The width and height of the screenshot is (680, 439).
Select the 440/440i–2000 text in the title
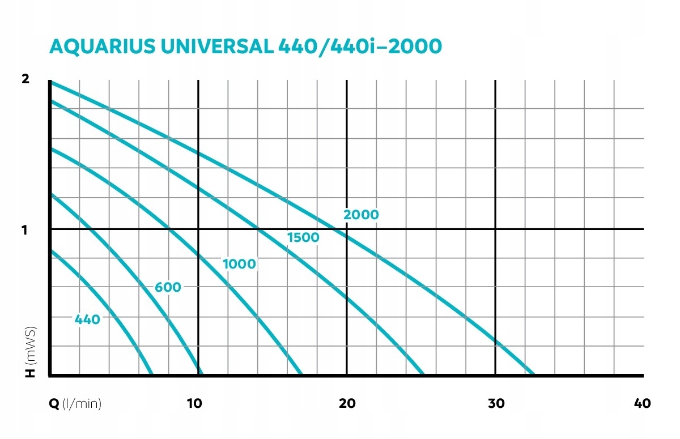(359, 47)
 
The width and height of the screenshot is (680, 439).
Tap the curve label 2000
(361, 215)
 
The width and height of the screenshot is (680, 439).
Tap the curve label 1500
(303, 238)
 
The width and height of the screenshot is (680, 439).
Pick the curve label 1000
(239, 264)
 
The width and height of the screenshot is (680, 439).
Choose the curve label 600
(168, 288)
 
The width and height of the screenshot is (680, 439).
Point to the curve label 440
(87, 319)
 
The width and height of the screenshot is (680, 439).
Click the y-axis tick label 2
(24, 79)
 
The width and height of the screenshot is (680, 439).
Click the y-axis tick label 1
(24, 230)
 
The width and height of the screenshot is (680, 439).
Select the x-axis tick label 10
(194, 403)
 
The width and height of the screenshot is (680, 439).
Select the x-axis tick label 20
(347, 403)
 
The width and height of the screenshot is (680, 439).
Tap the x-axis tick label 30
(496, 403)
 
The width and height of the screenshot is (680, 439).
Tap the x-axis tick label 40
(642, 403)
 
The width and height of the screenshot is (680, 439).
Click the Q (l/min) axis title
(76, 403)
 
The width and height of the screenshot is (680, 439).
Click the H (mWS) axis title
(31, 351)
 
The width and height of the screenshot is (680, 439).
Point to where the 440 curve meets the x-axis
(152, 374)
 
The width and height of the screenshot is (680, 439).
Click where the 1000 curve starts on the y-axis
(51, 149)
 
